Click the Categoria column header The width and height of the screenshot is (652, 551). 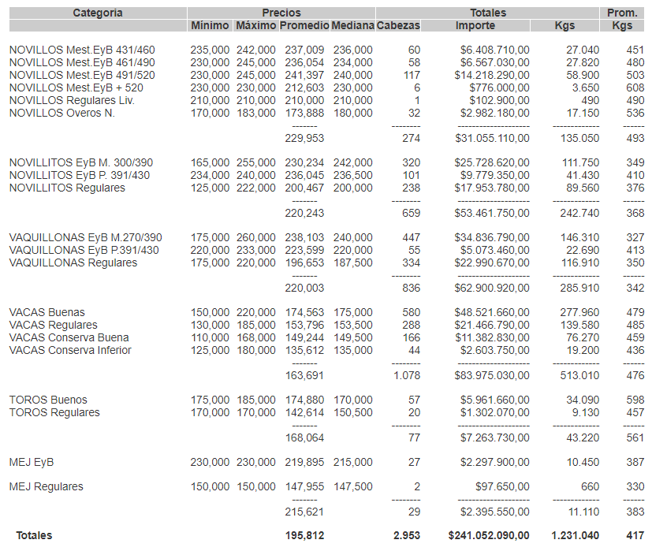(98, 13)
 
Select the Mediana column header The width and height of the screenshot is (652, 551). (352, 26)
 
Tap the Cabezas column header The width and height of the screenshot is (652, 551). (398, 26)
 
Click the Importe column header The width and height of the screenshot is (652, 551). (475, 26)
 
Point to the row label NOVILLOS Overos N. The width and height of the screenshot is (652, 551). (62, 113)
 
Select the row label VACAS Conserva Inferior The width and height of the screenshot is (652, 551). (70, 350)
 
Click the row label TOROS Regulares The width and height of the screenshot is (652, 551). (54, 412)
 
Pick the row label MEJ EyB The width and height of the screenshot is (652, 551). (32, 462)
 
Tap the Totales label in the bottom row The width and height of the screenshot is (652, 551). (35, 535)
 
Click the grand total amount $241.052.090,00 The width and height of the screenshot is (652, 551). (489, 535)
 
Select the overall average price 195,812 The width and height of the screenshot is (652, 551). (304, 535)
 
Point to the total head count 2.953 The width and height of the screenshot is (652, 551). (407, 535)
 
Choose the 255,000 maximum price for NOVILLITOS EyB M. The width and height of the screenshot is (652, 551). (256, 162)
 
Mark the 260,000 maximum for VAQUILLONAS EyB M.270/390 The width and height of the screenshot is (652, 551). (256, 237)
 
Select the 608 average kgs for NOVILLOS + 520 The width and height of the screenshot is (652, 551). (635, 87)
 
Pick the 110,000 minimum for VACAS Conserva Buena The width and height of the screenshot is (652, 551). (210, 337)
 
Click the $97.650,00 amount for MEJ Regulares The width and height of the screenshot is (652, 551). (502, 486)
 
